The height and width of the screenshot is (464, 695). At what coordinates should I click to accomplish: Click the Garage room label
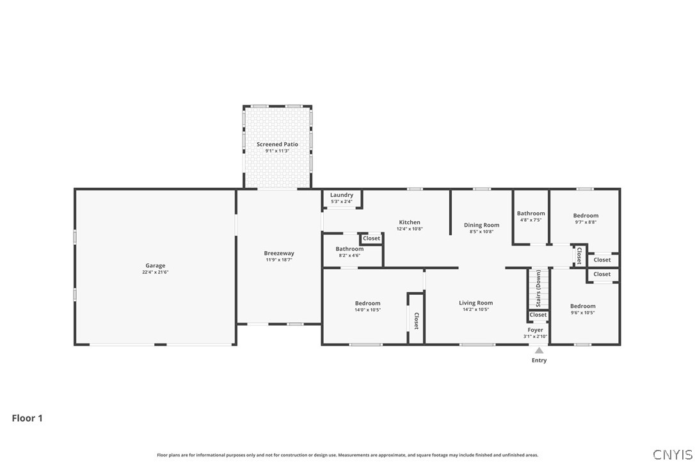155,265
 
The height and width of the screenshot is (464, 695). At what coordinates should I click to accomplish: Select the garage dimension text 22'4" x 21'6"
155,272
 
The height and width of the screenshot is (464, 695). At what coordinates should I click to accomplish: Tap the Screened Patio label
277,144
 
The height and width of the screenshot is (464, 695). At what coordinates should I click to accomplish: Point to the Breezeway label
279,253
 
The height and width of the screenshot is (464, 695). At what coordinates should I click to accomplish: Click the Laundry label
342,195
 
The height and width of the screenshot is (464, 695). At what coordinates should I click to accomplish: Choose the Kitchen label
410,222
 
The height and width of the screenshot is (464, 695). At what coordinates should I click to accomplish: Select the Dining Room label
481,225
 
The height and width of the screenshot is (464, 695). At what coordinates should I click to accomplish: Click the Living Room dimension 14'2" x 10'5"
475,310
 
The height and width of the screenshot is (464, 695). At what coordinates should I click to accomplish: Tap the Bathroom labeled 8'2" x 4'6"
349,249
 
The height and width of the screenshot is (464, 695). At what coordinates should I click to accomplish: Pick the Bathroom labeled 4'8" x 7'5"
531,213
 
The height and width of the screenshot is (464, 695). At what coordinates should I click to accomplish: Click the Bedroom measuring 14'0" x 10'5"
367,303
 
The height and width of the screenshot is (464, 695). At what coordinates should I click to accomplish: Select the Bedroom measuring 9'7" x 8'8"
586,216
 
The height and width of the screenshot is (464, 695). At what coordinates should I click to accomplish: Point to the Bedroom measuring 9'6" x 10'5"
582,306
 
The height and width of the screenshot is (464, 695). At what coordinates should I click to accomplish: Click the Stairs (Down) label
539,289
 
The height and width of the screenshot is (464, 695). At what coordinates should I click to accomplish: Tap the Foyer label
535,330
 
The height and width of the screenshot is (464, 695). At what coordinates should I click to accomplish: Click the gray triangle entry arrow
539,350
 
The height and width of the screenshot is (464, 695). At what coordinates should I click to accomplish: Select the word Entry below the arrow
539,360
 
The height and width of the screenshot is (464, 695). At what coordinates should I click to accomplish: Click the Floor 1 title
27,418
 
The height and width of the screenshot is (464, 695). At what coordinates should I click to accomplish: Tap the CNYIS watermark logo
671,454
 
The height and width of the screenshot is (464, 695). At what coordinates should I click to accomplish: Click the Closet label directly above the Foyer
538,315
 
